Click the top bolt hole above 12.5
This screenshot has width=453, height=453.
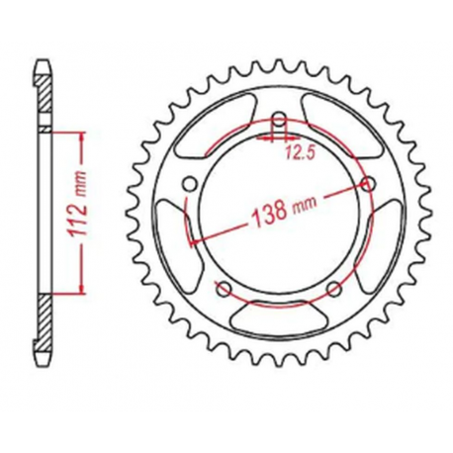pos(279,123)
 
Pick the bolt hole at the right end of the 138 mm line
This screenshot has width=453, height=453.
pos(370,184)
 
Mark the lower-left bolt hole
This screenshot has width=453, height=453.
pos(224,289)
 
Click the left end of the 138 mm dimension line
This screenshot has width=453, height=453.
pos(191,240)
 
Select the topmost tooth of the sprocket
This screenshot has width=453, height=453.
pos(279,65)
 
